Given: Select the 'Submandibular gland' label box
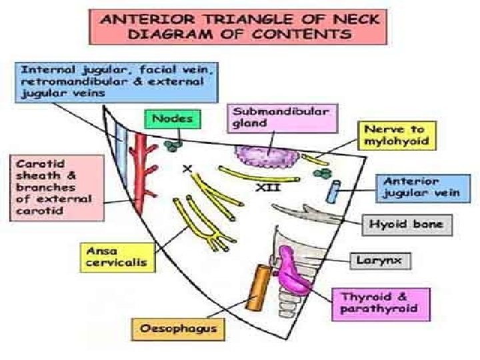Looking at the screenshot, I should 282,118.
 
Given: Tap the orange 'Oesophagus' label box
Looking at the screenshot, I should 178,328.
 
